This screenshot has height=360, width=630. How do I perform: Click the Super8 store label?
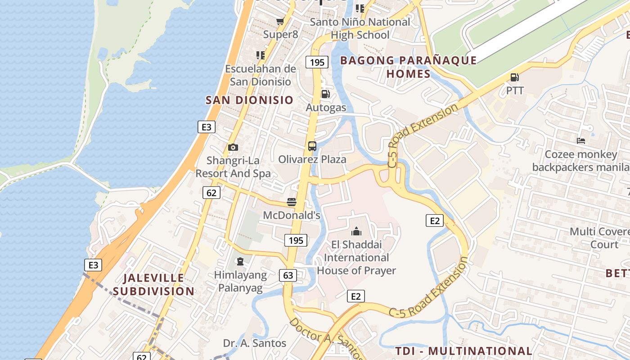click(280, 34)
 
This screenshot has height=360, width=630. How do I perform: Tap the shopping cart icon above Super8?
click(280, 21)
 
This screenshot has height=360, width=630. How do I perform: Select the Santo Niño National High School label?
click(360, 28)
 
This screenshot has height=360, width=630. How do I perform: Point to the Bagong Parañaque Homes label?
click(408, 67)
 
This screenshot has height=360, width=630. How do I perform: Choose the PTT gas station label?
click(515, 90)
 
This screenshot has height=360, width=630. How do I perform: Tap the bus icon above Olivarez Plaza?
click(312, 146)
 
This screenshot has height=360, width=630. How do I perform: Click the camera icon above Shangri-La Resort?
click(233, 147)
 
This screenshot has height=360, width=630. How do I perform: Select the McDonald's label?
click(292, 215)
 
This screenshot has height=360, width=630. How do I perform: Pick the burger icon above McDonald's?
click(292, 202)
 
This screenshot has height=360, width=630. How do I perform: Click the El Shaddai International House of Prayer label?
click(356, 257)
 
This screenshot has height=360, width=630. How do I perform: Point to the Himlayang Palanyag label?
click(240, 281)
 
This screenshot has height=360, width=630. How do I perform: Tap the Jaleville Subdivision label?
click(153, 284)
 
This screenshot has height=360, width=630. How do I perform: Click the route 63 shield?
click(288, 275)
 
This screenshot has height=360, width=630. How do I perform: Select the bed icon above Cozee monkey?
click(581, 141)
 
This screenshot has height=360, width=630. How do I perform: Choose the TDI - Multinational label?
click(463, 351)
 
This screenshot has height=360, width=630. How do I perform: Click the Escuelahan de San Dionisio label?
click(261, 75)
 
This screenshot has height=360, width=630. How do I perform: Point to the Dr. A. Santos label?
click(255, 343)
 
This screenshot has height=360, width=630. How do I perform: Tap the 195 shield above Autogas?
click(317, 62)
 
